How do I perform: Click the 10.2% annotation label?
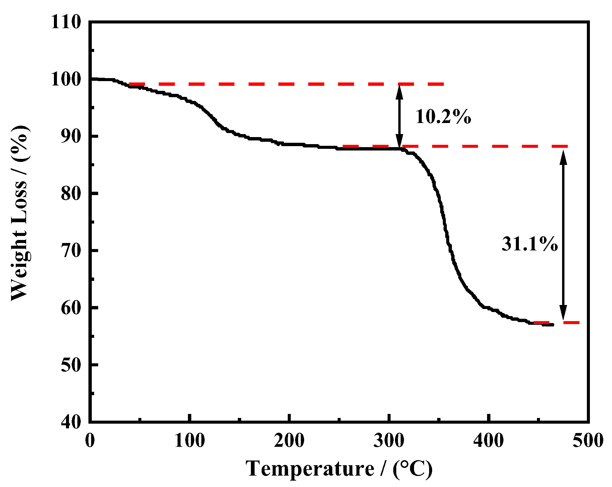tap(443, 117)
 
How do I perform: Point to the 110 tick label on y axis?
tap(66, 23)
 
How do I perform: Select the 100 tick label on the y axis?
tap(66, 80)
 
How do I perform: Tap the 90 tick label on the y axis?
tap(71, 136)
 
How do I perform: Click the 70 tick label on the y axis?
tap(71, 251)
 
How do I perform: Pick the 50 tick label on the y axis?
tap(71, 365)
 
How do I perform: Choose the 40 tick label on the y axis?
tap(71, 421)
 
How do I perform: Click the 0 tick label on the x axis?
tap(90, 440)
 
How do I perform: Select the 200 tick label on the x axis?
tap(289, 440)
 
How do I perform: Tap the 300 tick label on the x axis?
tap(389, 440)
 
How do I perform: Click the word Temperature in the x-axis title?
tap(310, 468)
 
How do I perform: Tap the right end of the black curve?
tap(553, 324)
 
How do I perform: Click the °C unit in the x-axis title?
tap(413, 468)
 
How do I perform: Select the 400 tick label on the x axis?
tap(488, 440)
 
